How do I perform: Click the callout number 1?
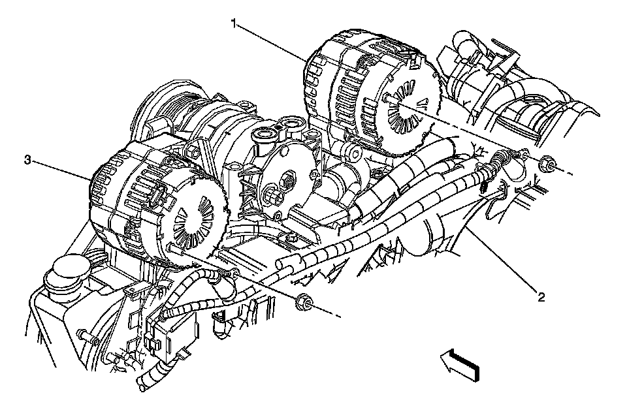[x=234, y=23]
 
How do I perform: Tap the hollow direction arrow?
[x=461, y=364]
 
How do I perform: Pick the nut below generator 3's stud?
[x=303, y=302]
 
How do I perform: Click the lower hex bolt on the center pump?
[x=272, y=194]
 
